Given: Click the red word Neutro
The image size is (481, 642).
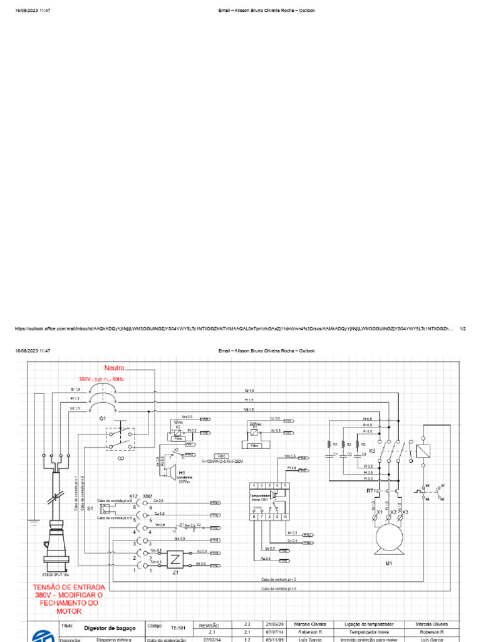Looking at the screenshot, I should click(115, 368).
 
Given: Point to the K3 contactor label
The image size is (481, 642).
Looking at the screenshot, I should click(372, 450).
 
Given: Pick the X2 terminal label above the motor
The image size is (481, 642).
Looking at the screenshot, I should click(394, 512).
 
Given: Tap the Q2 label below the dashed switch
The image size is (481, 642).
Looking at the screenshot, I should click(121, 458).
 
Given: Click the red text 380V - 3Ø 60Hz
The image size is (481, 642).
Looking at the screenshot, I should click(101, 380).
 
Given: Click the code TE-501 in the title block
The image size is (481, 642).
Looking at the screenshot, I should click(178, 627).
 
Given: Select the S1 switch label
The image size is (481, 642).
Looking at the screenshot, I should click(90, 508).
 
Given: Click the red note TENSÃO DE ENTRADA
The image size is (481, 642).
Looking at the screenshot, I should click(70, 587).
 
